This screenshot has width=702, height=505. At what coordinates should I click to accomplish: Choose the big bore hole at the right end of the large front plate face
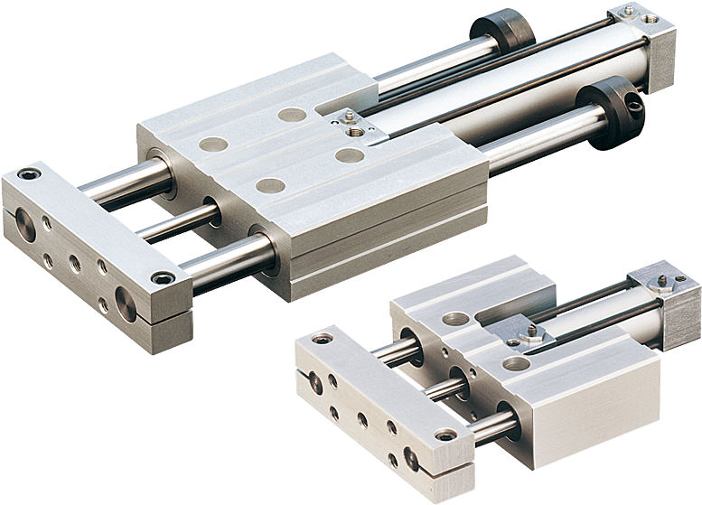(123, 299)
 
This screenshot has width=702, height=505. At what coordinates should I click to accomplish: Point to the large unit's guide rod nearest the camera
(226, 262)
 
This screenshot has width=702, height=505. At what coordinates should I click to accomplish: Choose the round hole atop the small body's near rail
(516, 364)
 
